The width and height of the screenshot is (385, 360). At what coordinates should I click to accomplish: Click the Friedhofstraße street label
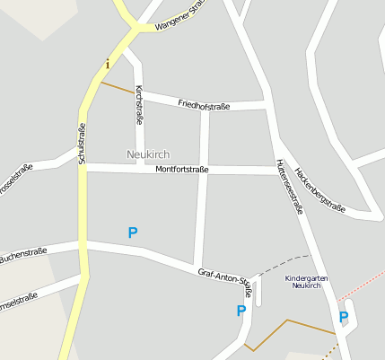click(204, 105)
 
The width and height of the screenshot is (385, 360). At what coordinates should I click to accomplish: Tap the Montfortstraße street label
click(182, 169)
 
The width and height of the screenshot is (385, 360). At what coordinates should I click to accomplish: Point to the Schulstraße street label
click(81, 144)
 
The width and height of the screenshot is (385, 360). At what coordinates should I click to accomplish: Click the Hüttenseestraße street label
click(289, 186)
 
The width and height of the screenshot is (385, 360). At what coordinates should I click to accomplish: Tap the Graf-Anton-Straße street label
click(225, 279)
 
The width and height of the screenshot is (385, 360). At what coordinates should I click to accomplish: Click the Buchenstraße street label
click(23, 254)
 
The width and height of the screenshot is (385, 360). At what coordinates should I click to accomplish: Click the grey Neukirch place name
click(148, 154)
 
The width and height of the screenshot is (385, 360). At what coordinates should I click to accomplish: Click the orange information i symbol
click(108, 64)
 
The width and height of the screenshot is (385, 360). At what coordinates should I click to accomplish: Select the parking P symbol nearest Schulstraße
click(133, 233)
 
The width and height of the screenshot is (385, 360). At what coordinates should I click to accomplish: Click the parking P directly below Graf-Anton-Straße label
click(241, 311)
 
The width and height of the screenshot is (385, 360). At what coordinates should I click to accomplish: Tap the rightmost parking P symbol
click(343, 316)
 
